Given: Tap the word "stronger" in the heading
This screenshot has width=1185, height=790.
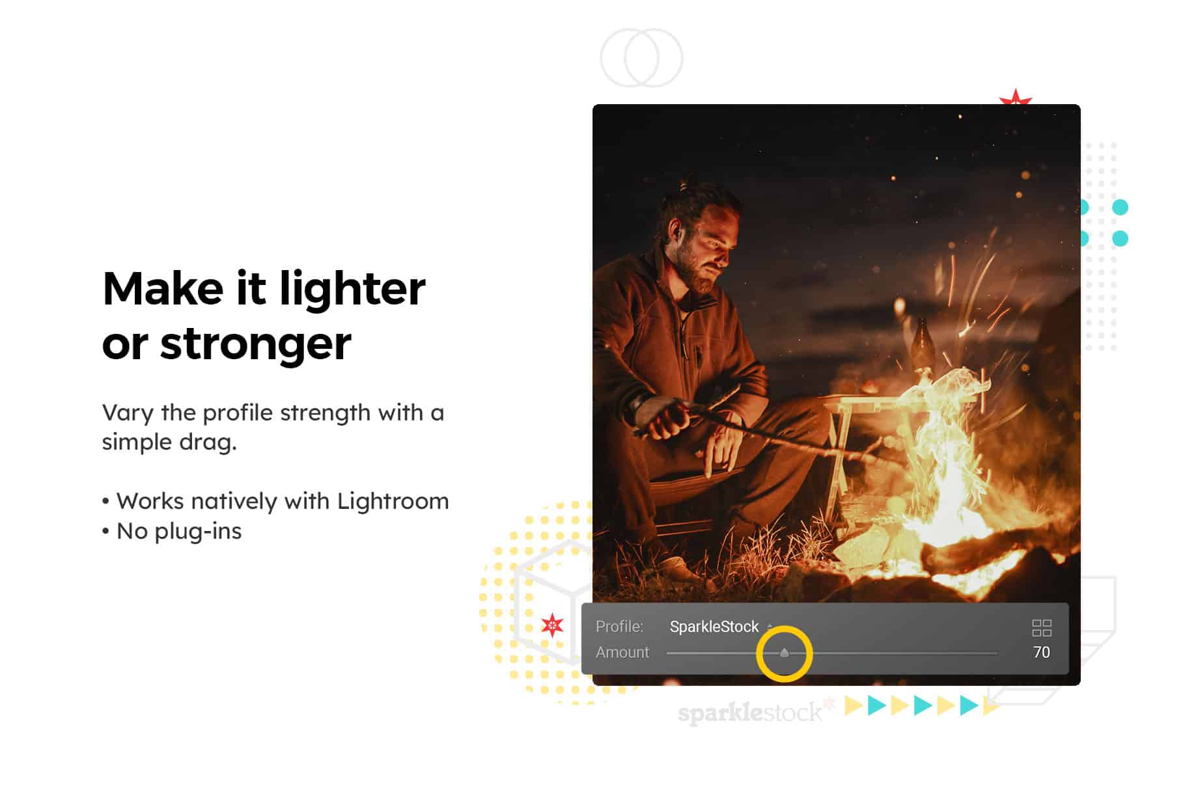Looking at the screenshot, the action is (x=255, y=345).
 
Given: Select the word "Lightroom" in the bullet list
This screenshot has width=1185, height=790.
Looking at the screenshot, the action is (x=393, y=501).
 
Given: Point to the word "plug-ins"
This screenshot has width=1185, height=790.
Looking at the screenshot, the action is (x=198, y=532).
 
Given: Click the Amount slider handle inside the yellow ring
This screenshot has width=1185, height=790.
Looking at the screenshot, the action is (x=785, y=653).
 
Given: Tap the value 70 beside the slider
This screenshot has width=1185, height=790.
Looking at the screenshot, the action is (x=1041, y=652).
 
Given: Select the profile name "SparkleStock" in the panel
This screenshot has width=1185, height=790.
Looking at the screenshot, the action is (x=714, y=627).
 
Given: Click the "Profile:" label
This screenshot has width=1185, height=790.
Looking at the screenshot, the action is (x=619, y=627).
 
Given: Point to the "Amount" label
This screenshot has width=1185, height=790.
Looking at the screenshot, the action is (x=622, y=653).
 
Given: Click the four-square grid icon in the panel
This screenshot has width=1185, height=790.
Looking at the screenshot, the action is (x=1042, y=628).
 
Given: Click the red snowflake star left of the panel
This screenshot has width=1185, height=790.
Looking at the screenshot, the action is (x=553, y=625).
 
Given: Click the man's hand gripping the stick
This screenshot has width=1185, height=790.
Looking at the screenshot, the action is (x=662, y=420).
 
